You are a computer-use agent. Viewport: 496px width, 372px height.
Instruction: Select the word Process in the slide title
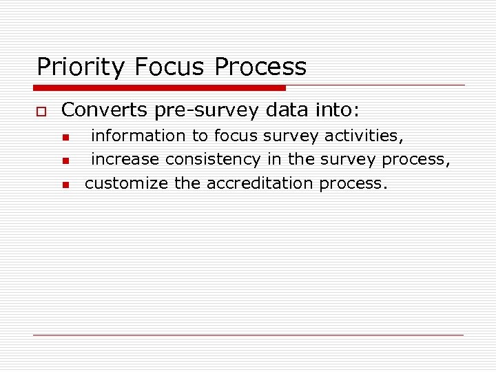[260, 68]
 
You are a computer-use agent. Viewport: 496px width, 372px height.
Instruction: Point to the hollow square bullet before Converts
[40, 110]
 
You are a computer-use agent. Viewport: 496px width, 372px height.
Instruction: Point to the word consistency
[212, 159]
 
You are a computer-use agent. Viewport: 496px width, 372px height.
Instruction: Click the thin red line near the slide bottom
[248, 335]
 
